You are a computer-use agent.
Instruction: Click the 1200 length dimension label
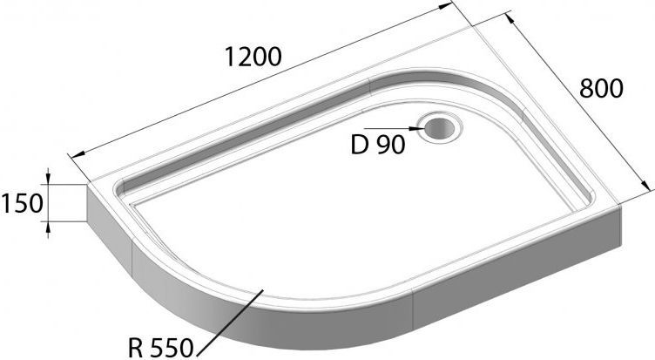pyautogui.click(x=253, y=58)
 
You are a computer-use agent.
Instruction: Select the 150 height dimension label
pyautogui.click(x=21, y=205)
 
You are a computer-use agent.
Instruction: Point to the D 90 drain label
pyautogui.click(x=378, y=145)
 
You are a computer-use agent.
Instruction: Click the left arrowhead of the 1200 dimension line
pyautogui.click(x=73, y=154)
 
